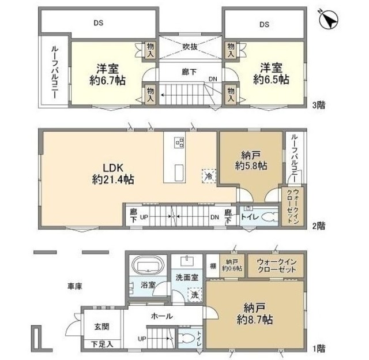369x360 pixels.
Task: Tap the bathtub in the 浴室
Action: tap(149, 267)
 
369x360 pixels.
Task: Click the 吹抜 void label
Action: tap(191, 47)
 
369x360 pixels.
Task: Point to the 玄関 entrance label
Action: tap(101, 326)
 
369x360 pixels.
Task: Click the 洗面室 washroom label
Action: tap(187, 277)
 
